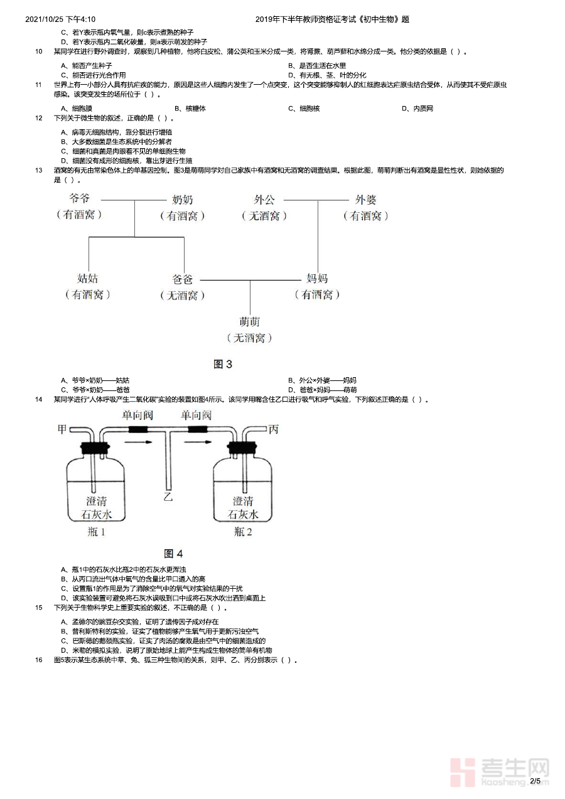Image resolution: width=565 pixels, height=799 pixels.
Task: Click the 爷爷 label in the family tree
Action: coord(79,199)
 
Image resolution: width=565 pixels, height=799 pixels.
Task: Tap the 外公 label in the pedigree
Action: coord(264,200)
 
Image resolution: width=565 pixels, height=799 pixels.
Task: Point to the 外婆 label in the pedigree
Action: coord(366,200)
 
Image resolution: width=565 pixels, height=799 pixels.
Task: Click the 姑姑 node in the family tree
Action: coord(88,279)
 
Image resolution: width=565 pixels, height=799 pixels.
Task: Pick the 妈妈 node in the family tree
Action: coord(317,279)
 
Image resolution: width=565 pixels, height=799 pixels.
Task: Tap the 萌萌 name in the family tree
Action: coord(249,322)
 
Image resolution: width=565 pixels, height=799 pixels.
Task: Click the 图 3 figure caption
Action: coord(223,364)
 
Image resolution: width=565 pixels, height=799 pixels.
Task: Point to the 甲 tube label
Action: coord(62,429)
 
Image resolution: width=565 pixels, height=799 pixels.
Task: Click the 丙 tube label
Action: coord(273,429)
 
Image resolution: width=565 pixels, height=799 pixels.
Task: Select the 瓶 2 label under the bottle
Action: coord(243,532)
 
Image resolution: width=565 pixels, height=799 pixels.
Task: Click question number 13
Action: coord(38,170)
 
